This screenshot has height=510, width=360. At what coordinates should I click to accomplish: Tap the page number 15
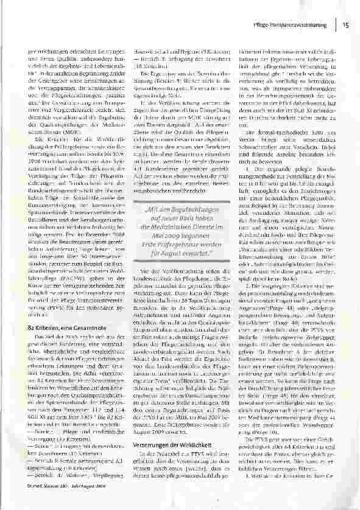(x=346, y=25)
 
